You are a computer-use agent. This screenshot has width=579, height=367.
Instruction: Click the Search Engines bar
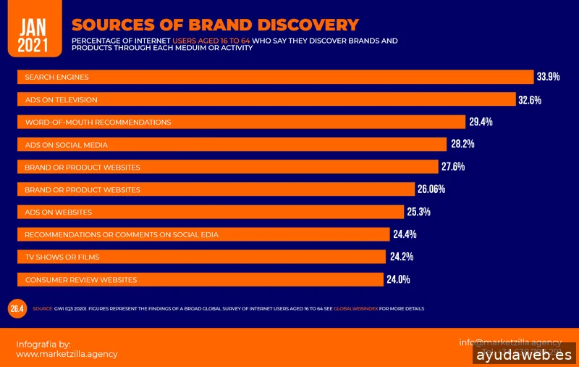(x=275, y=77)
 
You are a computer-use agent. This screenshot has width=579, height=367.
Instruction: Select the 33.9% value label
(x=548, y=77)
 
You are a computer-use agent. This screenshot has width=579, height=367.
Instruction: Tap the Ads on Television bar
(x=267, y=99)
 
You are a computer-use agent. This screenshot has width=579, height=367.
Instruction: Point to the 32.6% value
(x=530, y=99)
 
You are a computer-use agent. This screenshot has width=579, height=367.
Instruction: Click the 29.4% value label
(x=481, y=122)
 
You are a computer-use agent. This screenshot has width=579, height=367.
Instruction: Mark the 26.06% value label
(x=431, y=189)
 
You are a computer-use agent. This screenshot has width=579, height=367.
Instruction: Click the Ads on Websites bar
(x=210, y=212)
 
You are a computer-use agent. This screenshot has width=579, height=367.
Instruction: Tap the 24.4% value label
(x=405, y=234)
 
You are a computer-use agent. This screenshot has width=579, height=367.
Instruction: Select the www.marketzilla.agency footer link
(x=67, y=354)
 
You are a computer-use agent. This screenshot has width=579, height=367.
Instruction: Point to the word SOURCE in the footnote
(x=43, y=309)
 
